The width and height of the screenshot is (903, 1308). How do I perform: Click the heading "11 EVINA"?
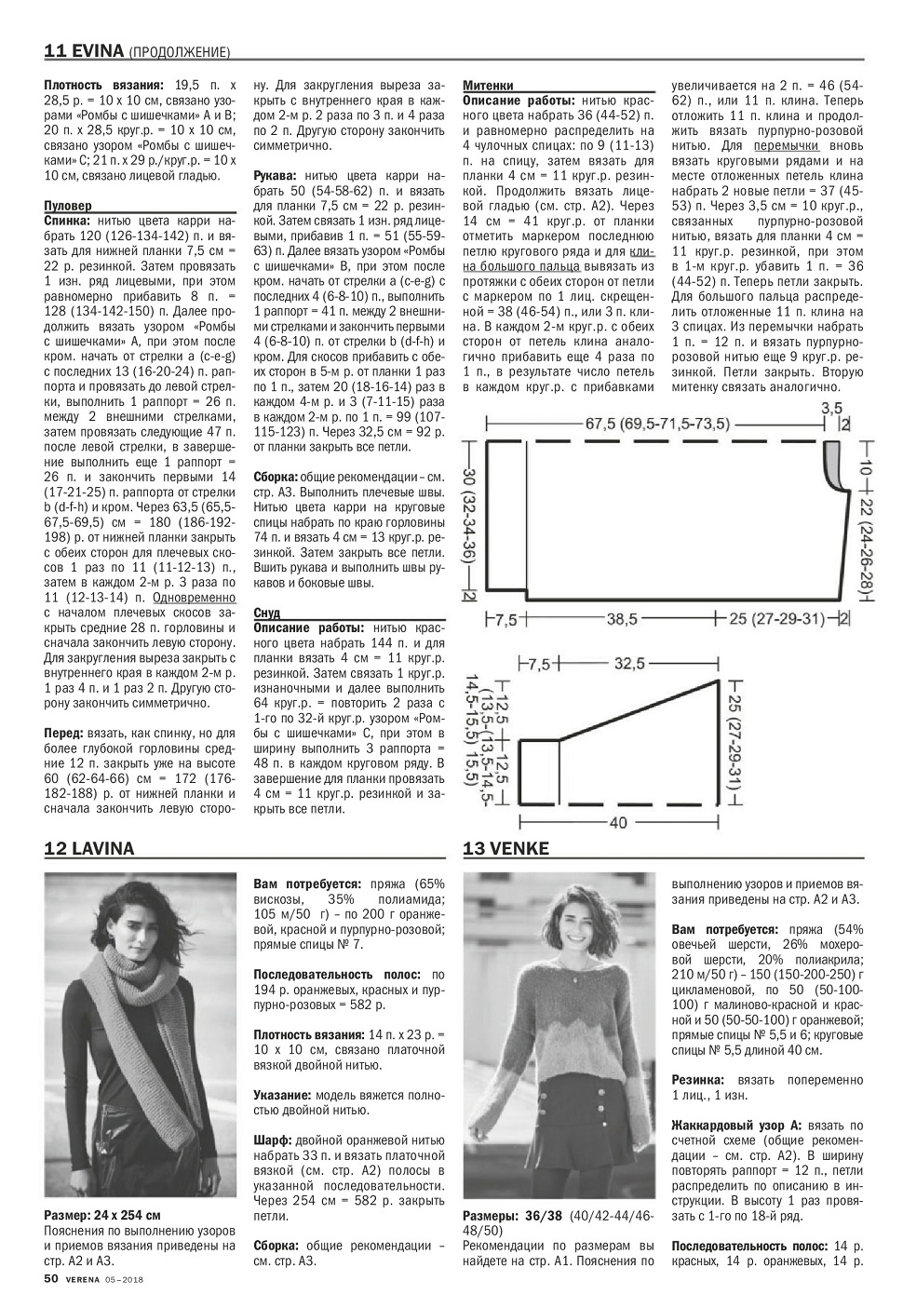coord(83,50)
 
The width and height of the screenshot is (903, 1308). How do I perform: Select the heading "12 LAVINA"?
coord(89,848)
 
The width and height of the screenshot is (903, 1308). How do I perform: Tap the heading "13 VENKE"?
coord(506,848)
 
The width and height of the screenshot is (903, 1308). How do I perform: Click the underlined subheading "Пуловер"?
coord(67,207)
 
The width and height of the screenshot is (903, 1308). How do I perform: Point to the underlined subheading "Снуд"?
coord(266,614)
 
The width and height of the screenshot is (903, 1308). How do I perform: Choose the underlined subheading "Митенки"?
coord(488,85)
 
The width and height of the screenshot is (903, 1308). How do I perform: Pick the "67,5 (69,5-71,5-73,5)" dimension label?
coord(657,424)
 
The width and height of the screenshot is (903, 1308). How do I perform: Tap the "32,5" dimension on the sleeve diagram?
coord(629,665)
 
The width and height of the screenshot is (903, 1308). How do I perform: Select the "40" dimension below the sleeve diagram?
coord(619,822)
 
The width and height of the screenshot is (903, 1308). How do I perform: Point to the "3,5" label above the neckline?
coord(831,407)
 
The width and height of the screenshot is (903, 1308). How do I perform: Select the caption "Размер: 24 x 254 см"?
coord(102,1216)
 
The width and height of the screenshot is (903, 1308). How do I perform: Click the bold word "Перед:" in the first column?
coord(67,734)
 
